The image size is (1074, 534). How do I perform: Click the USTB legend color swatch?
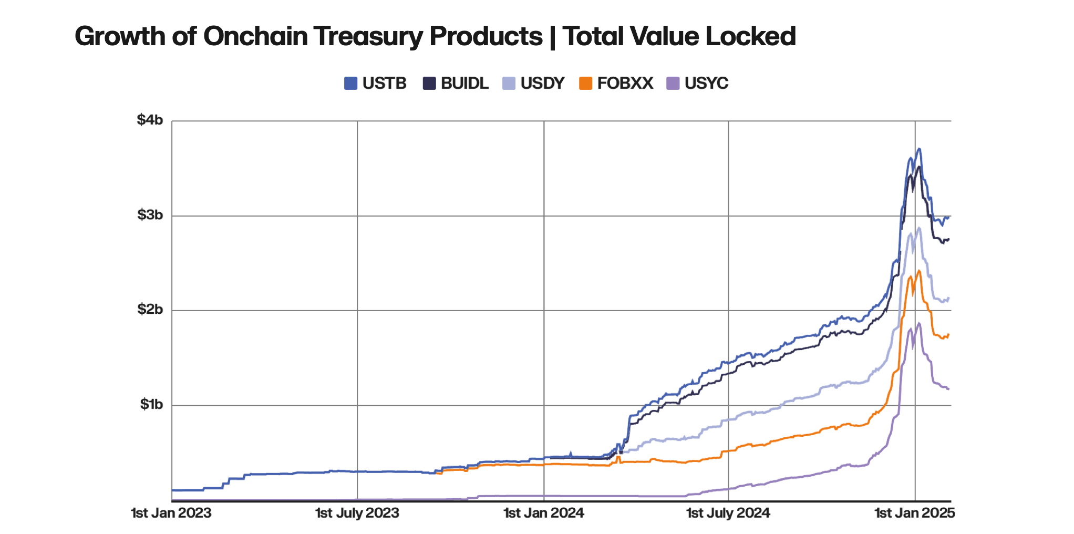tap(350, 83)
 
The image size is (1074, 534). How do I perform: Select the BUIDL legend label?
tap(464, 83)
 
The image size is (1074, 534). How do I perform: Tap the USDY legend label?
tap(542, 83)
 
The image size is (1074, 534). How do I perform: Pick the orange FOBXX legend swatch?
tap(585, 83)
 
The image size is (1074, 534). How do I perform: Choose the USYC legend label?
tap(706, 83)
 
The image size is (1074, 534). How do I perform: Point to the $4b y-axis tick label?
tap(150, 120)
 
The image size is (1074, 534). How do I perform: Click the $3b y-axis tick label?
tap(150, 215)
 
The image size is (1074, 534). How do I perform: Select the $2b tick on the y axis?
tap(150, 310)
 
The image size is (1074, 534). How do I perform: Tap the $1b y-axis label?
tap(151, 405)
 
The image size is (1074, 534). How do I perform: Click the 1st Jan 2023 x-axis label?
tap(171, 513)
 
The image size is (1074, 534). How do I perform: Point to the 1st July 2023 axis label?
tap(357, 513)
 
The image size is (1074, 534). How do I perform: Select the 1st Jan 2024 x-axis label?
tap(544, 513)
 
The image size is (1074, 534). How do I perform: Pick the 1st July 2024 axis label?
tap(728, 513)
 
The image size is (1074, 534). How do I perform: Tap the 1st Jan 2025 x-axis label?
tap(914, 513)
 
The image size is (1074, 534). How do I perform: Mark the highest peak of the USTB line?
tap(918, 149)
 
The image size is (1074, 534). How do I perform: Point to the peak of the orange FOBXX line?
tap(918, 271)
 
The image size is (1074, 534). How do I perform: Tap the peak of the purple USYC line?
tap(918, 323)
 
